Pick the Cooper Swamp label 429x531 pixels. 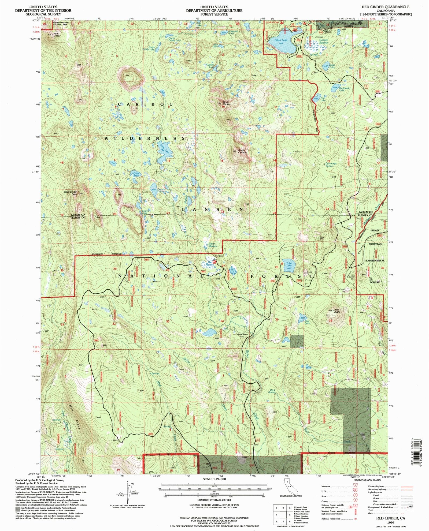pyautogui.click(x=323, y=41)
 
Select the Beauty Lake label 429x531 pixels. pyautogui.click(x=160, y=190)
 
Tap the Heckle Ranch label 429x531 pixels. pyautogui.click(x=242, y=335)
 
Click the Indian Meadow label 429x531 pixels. pyautogui.click(x=212, y=245)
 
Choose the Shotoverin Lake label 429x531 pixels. pyautogui.click(x=342, y=89)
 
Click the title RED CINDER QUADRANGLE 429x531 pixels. pyautogui.click(x=385, y=7)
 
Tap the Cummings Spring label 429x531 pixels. pyautogui.click(x=331, y=164)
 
